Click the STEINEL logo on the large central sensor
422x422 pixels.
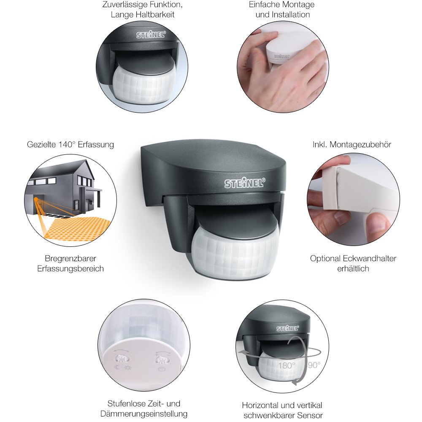coord(245,183)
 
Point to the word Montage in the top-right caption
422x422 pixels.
coord(299,5)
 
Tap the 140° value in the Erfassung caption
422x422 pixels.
coord(67,144)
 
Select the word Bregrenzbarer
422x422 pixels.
coord(70,259)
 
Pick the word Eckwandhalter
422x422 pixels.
coord(370,259)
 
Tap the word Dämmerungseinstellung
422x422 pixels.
coord(144,414)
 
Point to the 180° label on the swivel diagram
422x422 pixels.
coord(287,365)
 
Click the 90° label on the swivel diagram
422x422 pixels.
coord(314,365)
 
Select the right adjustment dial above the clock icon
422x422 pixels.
coord(161,360)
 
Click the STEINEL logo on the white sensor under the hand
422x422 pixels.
coord(281,57)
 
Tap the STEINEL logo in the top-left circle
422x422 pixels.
coord(151,35)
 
